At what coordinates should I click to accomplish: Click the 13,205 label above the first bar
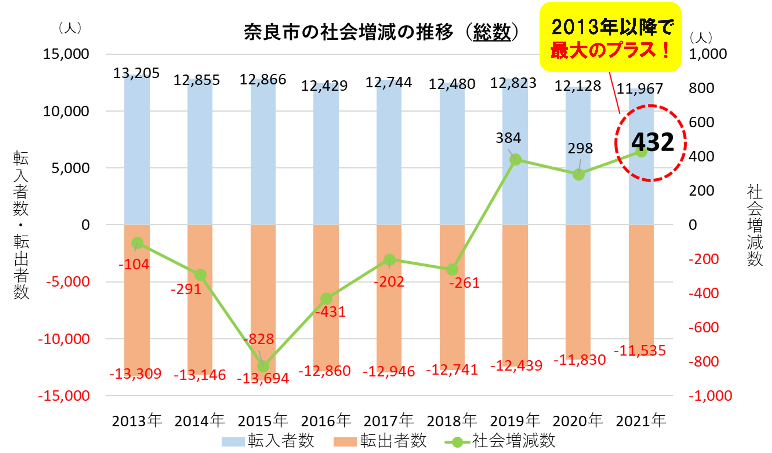[x=136, y=73]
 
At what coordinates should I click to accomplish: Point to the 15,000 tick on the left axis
[x=66, y=54]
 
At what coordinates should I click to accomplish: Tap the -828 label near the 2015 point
[x=259, y=339]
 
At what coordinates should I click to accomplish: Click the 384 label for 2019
[x=508, y=138]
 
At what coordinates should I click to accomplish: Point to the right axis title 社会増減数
[x=754, y=225]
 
